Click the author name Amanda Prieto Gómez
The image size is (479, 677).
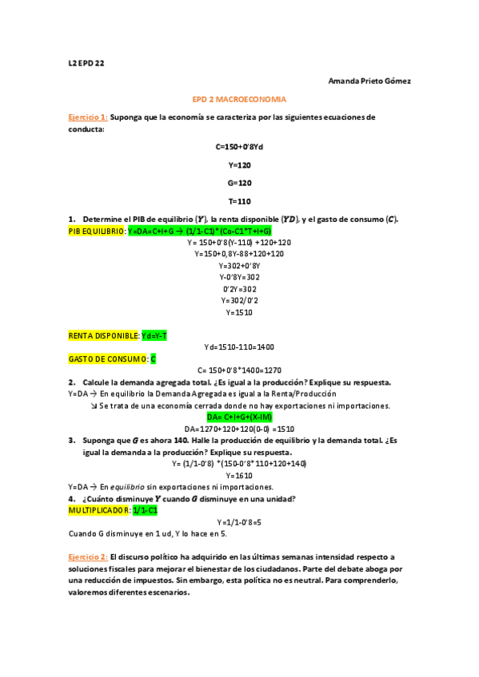370,81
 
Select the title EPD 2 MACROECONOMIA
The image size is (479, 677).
239,99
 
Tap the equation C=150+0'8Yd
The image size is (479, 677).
239,147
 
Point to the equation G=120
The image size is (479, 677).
239,183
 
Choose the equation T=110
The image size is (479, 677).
239,201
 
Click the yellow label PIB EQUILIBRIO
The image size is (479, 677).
96,231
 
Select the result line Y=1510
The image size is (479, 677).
239,313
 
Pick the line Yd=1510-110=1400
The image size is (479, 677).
239,347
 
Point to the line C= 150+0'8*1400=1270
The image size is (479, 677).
239,370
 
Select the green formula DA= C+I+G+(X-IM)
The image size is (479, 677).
239,417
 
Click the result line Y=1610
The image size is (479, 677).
239,475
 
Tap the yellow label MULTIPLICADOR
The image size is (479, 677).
99,509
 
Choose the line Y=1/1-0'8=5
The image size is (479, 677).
239,521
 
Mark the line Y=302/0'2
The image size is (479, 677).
239,301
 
